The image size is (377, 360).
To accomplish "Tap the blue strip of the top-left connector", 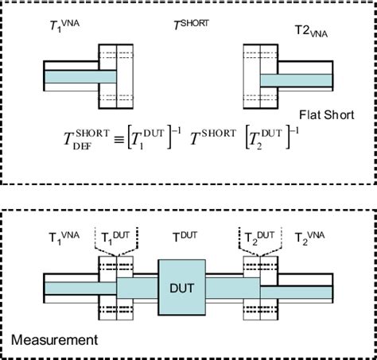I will click(80, 76).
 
